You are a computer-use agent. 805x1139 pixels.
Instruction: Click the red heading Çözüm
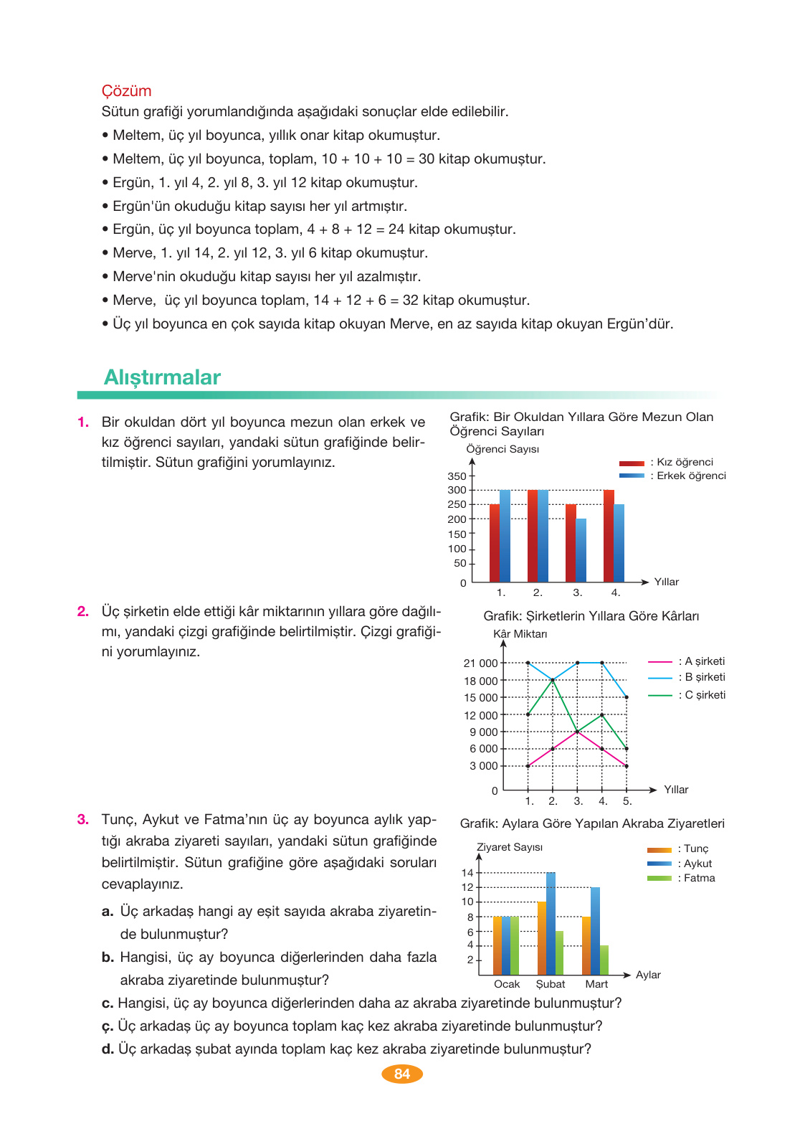126,91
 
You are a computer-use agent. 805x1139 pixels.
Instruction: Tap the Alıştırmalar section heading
162,377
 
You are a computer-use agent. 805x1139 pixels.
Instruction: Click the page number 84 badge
402,1074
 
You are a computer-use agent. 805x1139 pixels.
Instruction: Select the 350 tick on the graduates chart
457,476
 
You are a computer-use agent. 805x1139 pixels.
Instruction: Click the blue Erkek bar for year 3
581,550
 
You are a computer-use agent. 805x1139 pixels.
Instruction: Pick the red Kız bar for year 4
609,536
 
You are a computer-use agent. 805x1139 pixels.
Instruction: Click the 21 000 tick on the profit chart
480,663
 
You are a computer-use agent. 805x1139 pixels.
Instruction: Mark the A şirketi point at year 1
528,766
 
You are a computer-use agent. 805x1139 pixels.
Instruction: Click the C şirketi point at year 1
528,714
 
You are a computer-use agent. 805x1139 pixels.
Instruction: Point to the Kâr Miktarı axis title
520,634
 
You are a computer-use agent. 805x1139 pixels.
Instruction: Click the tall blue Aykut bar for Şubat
551,923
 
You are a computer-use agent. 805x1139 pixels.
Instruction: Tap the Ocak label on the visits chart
507,984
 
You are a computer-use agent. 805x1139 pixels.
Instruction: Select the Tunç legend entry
678,849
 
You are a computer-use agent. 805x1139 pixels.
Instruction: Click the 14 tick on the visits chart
467,873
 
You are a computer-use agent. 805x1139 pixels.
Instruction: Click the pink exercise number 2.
83,612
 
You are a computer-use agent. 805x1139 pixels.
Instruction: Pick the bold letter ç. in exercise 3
108,1026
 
